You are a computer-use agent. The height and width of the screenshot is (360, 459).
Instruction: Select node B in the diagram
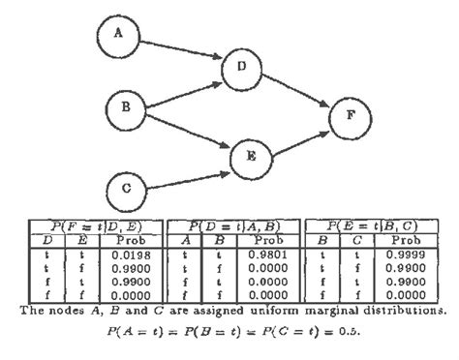(x=125, y=107)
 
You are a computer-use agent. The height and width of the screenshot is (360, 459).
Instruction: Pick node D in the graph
(x=242, y=68)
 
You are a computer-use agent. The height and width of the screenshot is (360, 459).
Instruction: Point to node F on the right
(x=349, y=116)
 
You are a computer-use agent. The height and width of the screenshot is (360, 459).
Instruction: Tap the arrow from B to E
(x=188, y=132)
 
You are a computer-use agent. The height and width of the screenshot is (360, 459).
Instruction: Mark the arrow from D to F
(x=295, y=92)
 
